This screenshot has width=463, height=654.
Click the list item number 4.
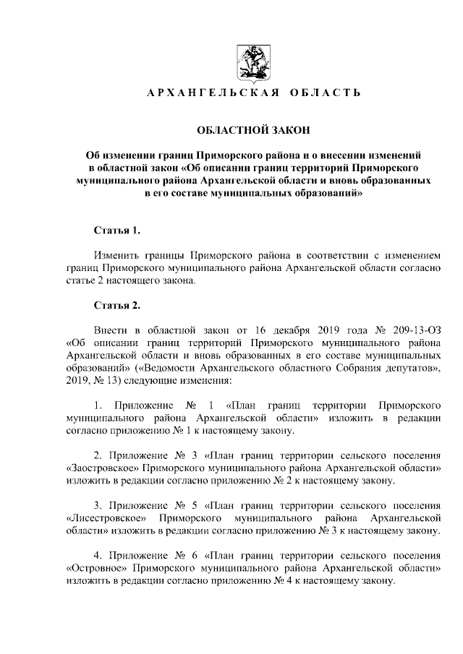click(98, 556)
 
